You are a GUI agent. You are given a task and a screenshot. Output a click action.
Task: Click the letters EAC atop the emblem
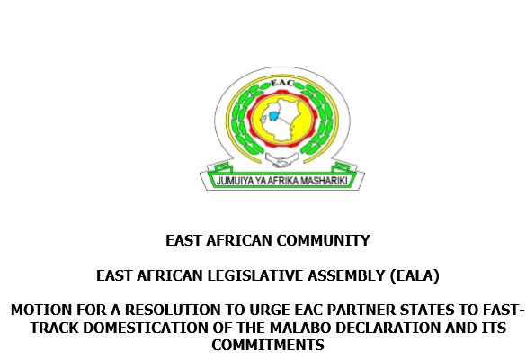tap(282, 83)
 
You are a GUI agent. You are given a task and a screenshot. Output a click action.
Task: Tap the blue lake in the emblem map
tap(274, 116)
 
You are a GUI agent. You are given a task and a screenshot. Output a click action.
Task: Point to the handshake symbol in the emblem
tap(281, 160)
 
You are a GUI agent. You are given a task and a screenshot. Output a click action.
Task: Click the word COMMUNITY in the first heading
tap(323, 241)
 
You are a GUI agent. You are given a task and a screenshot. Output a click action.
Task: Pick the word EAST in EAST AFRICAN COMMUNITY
tap(183, 241)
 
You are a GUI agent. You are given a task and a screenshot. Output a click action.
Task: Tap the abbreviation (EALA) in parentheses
tap(415, 276)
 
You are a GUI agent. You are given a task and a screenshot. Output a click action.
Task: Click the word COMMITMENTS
tap(268, 345)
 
